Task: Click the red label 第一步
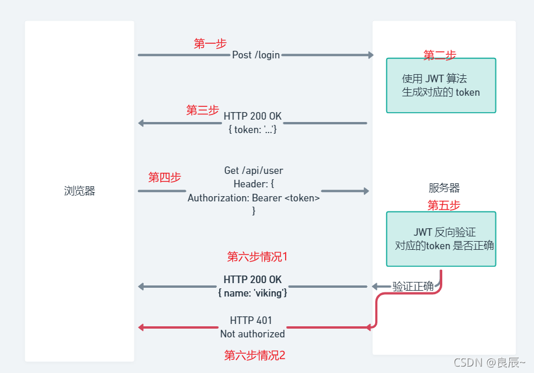pyautogui.click(x=210, y=43)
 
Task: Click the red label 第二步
pyautogui.click(x=439, y=55)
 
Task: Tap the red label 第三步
pyautogui.click(x=202, y=110)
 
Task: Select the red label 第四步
pyautogui.click(x=164, y=177)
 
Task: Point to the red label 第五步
pyautogui.click(x=443, y=205)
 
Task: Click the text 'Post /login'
pyautogui.click(x=256, y=55)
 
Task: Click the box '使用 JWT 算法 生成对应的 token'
pyautogui.click(x=441, y=85)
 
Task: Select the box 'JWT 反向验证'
pyautogui.click(x=441, y=239)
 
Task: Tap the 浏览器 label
pyautogui.click(x=79, y=191)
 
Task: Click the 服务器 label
pyautogui.click(x=444, y=188)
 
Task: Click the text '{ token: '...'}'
pyautogui.click(x=252, y=130)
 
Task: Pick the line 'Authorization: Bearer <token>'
pyautogui.click(x=254, y=198)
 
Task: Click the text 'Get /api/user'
pyautogui.click(x=254, y=170)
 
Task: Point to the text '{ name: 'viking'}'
pyautogui.click(x=252, y=292)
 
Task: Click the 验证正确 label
pyautogui.click(x=412, y=286)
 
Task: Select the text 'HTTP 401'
pyautogui.click(x=251, y=320)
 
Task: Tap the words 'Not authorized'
pyautogui.click(x=252, y=334)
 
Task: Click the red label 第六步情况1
pyautogui.click(x=257, y=256)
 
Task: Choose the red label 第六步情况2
pyautogui.click(x=255, y=355)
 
